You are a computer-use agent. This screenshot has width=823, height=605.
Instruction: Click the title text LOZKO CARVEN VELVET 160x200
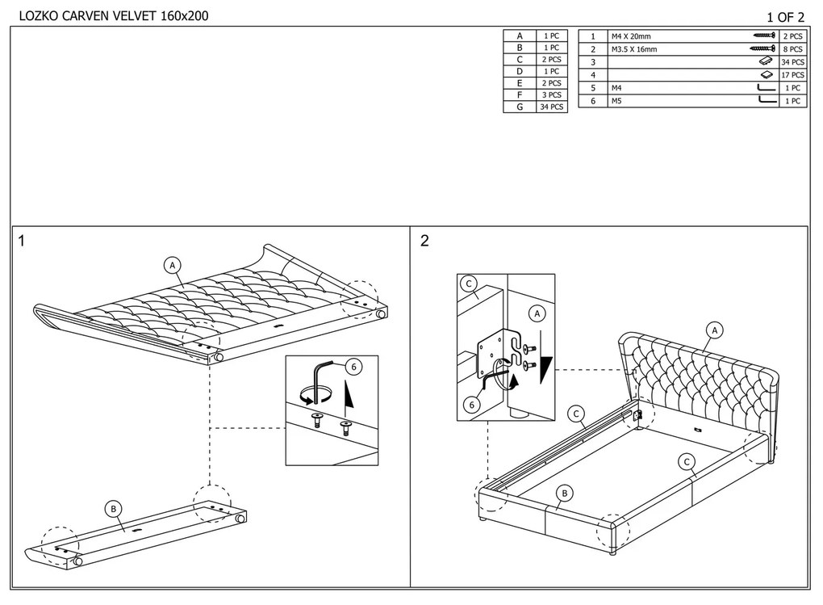coord(107,15)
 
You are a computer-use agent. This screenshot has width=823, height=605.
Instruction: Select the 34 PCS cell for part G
coord(553,107)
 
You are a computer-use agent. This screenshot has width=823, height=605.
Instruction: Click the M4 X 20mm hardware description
coord(632,37)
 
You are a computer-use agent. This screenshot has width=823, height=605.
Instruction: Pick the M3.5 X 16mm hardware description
coord(635,50)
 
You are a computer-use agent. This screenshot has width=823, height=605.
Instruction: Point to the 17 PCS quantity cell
coord(792,75)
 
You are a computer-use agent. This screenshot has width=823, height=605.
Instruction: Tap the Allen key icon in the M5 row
coord(767,101)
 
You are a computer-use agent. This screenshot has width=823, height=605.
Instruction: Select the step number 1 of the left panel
coord(23,241)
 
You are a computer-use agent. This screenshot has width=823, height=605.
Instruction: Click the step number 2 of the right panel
coord(424,241)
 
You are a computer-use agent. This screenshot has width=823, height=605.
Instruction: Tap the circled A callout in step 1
coord(171,264)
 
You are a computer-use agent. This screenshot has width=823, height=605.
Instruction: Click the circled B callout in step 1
coord(115,508)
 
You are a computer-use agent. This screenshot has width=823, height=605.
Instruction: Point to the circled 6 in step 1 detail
coord(351,366)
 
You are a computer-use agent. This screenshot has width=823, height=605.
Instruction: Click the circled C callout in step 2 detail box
coord(468,284)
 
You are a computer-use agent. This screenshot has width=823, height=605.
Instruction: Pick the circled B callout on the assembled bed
coord(565,493)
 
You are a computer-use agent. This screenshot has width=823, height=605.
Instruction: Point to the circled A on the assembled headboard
coord(713,330)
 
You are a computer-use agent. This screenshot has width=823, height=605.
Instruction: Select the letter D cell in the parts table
coord(520,72)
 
